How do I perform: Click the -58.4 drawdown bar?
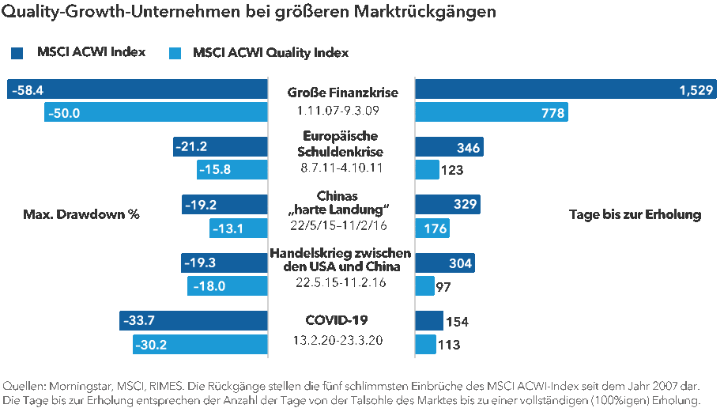click(x=138, y=89)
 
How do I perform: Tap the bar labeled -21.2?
click(x=221, y=146)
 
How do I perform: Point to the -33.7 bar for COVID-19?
click(x=194, y=320)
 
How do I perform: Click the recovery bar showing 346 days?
click(x=449, y=147)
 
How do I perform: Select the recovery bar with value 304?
click(x=444, y=263)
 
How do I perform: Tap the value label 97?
click(x=443, y=287)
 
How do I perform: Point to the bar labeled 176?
click(x=432, y=229)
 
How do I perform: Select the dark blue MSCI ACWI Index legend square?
click(x=17, y=53)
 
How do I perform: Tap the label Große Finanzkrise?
click(x=342, y=93)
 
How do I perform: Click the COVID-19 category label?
click(x=337, y=320)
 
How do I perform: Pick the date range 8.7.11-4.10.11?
click(x=342, y=168)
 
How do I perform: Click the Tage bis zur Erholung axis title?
click(x=635, y=214)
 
